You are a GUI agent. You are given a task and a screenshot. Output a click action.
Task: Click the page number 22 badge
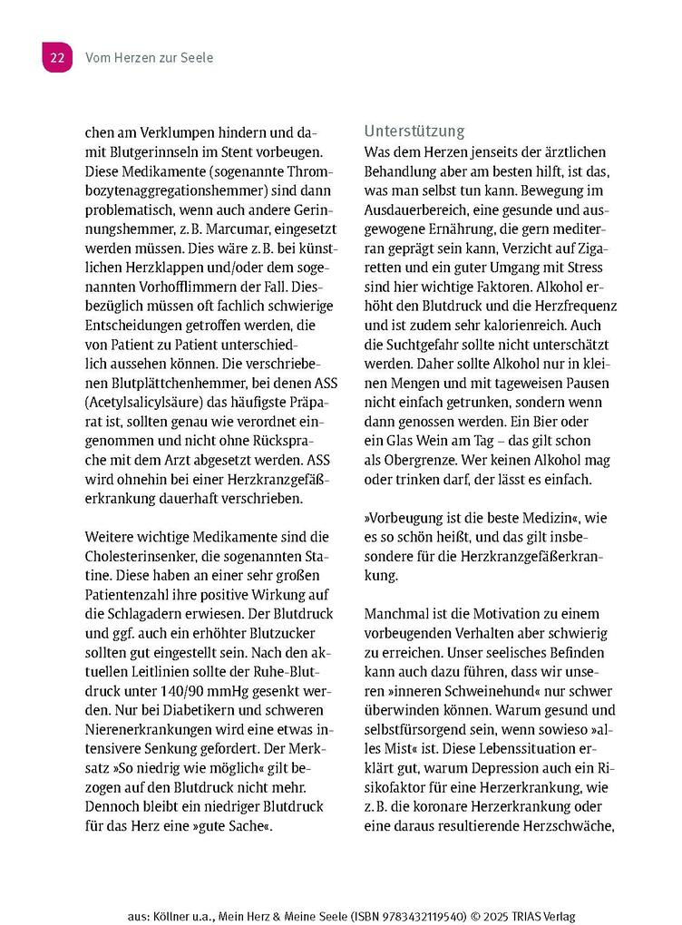[56, 58]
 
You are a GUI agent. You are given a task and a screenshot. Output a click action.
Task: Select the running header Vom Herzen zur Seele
[149, 58]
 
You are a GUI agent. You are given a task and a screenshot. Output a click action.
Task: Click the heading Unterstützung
[414, 131]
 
